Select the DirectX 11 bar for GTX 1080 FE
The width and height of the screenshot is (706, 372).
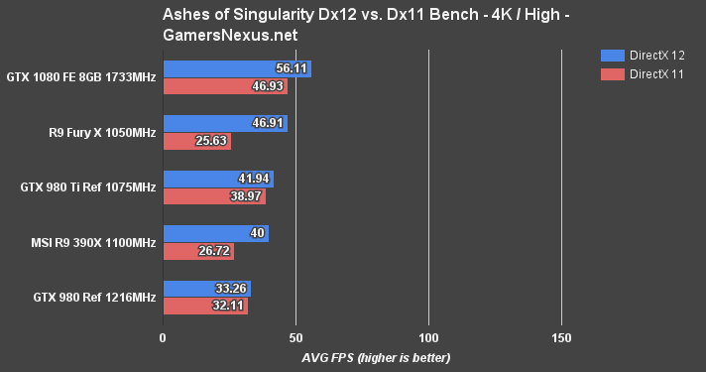pyautogui.click(x=224, y=87)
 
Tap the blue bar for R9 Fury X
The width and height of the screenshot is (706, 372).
pyautogui.click(x=224, y=124)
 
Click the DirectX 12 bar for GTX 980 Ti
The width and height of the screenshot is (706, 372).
pyautogui.click(x=217, y=180)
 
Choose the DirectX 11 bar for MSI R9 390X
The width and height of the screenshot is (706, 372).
pyautogui.click(x=197, y=252)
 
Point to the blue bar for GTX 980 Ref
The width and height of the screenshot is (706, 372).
pyautogui.click(x=206, y=289)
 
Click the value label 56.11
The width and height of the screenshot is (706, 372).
pyautogui.click(x=294, y=68)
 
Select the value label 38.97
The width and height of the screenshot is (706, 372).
pyautogui.click(x=249, y=197)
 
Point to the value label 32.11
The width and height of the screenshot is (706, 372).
pyautogui.click(x=230, y=308)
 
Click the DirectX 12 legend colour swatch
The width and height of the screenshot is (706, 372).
pyautogui.click(x=613, y=55)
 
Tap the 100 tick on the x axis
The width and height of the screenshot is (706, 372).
pyautogui.click(x=428, y=338)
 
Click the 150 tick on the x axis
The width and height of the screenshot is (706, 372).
pyautogui.click(x=561, y=338)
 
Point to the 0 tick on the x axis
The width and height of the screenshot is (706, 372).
pyautogui.click(x=163, y=338)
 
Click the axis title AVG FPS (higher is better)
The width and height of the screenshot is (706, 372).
pyautogui.click(x=362, y=357)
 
